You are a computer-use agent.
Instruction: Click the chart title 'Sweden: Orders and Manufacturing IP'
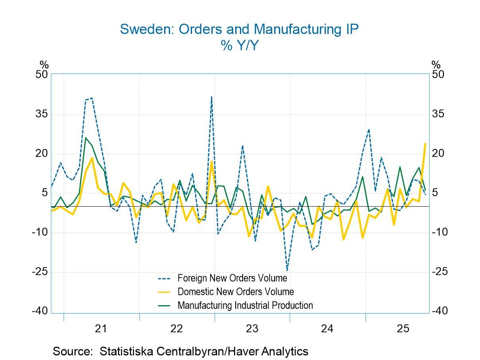click(239, 29)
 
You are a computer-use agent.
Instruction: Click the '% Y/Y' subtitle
click(239, 46)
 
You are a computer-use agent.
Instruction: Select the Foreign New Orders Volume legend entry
click(232, 278)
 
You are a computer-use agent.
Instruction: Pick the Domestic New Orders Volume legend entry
click(235, 292)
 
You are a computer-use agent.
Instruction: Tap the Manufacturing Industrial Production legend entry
click(245, 306)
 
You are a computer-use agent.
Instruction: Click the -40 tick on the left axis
click(40, 311)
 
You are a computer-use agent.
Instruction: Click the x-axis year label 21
click(101, 329)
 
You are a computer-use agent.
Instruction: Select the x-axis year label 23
click(252, 329)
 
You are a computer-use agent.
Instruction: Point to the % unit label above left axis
click(44, 64)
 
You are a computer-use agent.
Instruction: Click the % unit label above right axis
click(436, 64)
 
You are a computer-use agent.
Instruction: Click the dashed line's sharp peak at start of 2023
click(211, 97)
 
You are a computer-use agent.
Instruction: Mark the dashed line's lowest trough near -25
click(287, 270)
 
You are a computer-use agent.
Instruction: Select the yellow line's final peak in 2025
click(425, 143)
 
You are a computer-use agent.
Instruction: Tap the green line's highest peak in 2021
click(85, 138)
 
